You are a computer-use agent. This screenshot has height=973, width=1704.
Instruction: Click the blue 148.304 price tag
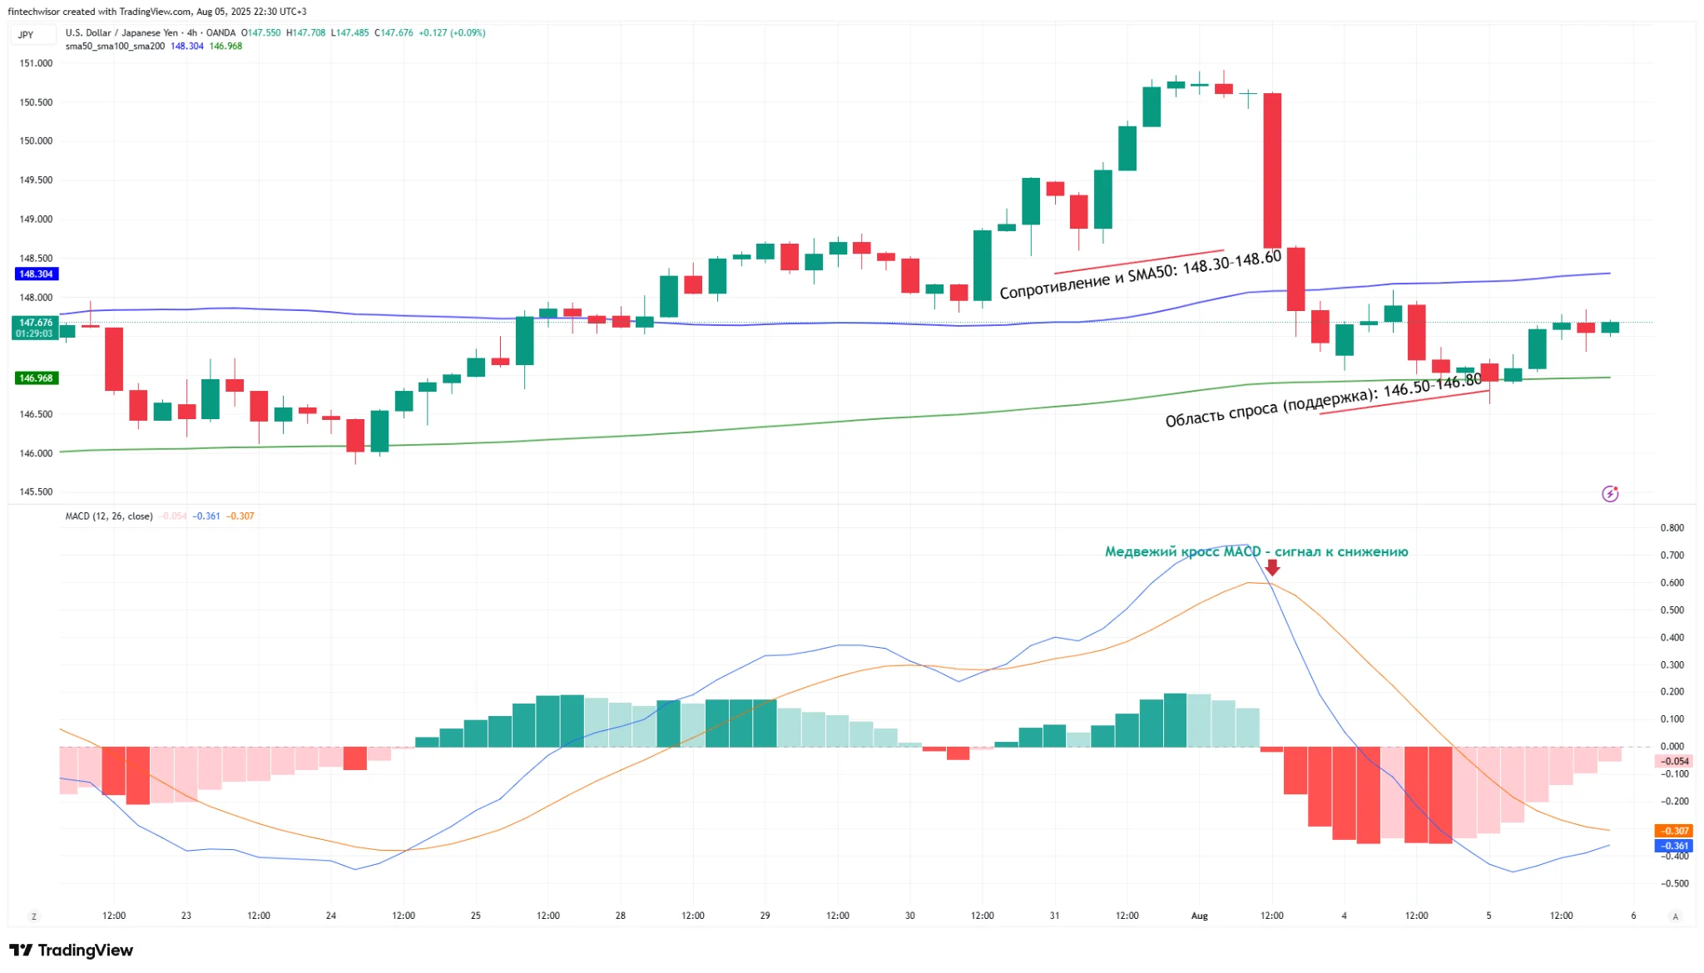coord(36,274)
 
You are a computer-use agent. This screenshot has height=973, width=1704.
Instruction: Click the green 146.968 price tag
coord(36,378)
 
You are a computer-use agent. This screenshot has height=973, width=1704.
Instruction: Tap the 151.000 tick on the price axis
coord(36,63)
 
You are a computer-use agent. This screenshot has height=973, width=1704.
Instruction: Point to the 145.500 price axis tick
coord(36,491)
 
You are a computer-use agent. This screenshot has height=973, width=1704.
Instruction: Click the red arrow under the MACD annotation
coord(1272,567)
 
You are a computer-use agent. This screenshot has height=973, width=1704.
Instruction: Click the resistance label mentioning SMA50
coord(1140,274)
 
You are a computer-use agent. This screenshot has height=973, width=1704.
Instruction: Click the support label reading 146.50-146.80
coord(1323,401)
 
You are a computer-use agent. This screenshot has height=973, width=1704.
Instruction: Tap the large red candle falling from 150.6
coord(1272,170)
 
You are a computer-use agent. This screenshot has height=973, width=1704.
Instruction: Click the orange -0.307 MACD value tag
coord(1673,831)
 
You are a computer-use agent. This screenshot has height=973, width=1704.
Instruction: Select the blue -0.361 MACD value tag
coord(1673,846)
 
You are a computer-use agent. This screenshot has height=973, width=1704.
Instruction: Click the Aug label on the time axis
coord(1199,916)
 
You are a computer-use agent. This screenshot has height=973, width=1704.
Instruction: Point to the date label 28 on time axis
coord(620,916)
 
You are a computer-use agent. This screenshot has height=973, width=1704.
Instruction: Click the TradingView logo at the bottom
coord(72,950)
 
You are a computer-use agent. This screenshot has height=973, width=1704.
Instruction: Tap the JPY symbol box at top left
coord(26,34)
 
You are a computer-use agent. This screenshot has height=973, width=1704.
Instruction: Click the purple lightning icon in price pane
coord(1610,494)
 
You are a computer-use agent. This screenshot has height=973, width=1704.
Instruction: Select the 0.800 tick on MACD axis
coord(1672,528)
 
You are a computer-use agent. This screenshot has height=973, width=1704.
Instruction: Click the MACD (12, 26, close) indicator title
coord(109,516)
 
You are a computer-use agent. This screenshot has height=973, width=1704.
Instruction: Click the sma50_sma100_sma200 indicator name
coord(115,47)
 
